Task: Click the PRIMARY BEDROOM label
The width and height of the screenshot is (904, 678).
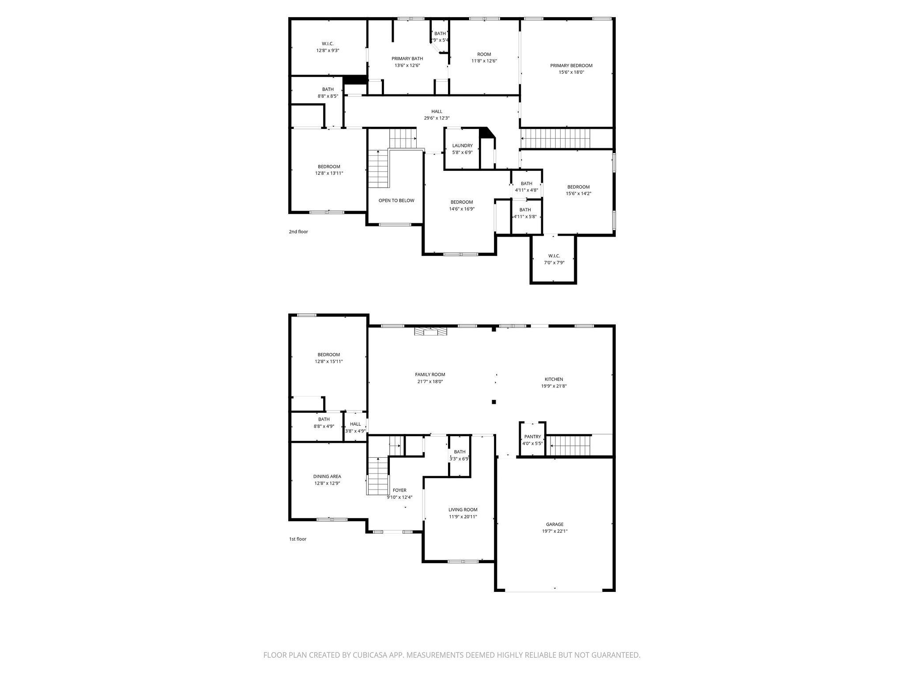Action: pyautogui.click(x=571, y=65)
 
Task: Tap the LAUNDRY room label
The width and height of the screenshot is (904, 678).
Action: pyautogui.click(x=462, y=146)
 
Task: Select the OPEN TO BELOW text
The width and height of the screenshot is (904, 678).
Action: pyautogui.click(x=396, y=200)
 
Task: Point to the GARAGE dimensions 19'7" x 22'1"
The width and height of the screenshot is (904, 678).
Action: pyautogui.click(x=554, y=531)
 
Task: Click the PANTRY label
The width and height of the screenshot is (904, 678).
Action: pyautogui.click(x=532, y=437)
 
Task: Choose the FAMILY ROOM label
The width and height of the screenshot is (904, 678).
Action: pyautogui.click(x=430, y=375)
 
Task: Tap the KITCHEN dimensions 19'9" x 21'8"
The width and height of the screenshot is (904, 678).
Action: pyautogui.click(x=554, y=386)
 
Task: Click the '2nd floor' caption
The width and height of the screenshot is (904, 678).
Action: pyautogui.click(x=298, y=232)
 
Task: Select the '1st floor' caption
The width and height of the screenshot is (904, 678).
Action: pyautogui.click(x=298, y=539)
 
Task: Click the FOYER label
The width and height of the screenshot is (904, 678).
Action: pyautogui.click(x=399, y=490)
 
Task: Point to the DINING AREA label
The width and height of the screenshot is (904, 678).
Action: pyautogui.click(x=327, y=476)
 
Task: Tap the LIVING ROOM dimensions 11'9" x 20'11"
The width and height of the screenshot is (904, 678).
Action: pyautogui.click(x=463, y=516)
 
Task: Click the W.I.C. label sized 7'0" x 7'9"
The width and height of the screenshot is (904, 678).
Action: pyautogui.click(x=554, y=256)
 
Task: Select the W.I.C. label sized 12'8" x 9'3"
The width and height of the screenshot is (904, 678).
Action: pyautogui.click(x=328, y=44)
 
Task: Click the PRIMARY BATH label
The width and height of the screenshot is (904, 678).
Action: pyautogui.click(x=407, y=59)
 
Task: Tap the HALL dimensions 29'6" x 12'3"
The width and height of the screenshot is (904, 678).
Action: pyautogui.click(x=437, y=118)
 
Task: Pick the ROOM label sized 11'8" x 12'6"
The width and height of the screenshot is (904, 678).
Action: pyautogui.click(x=484, y=54)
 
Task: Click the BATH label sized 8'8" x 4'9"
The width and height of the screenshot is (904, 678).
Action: pyautogui.click(x=324, y=419)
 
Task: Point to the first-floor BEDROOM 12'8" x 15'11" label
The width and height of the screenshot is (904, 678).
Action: pyautogui.click(x=328, y=355)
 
